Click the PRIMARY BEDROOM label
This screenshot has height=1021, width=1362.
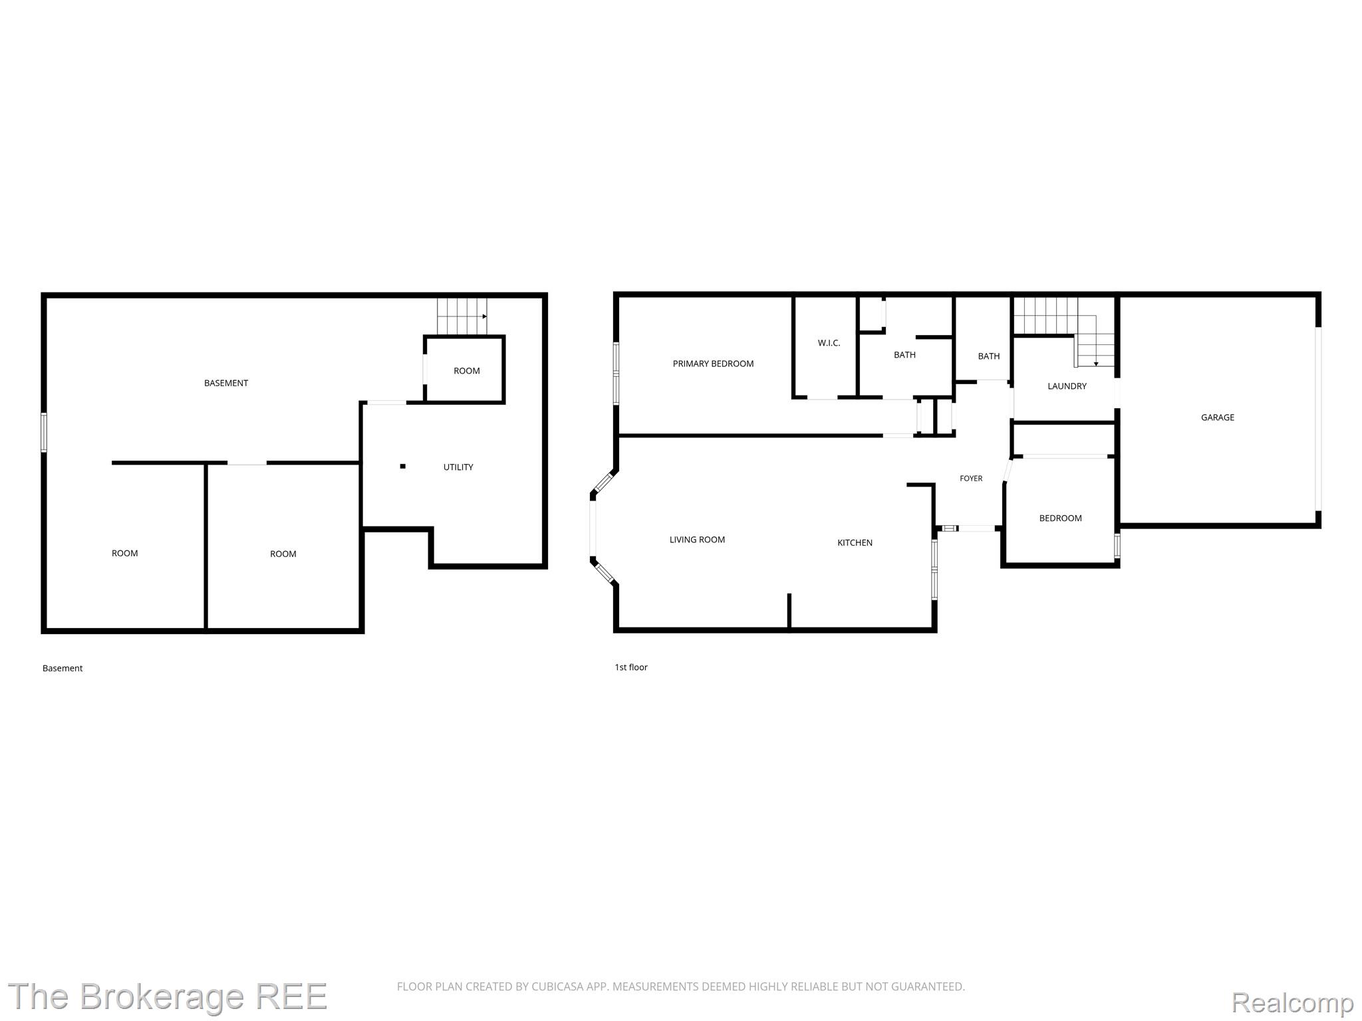pos(713,364)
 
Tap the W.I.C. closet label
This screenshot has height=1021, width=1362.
pos(829,343)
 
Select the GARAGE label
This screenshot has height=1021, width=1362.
pos(1218,417)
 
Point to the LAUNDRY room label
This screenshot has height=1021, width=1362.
pos(1067,386)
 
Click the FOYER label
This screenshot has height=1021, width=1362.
pos(971,479)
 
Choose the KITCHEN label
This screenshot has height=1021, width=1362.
pos(855,543)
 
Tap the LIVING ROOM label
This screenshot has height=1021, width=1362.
pos(697,540)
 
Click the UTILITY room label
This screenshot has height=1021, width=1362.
pos(458,467)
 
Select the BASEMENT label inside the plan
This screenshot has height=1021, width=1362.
pos(226,383)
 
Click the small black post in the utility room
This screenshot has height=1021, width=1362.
pos(402,467)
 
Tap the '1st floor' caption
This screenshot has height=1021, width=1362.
pos(631,667)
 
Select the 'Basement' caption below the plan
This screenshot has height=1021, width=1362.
pos(63,668)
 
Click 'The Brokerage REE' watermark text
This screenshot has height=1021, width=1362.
pos(168,997)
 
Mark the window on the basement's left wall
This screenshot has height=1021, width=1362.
pos(44,433)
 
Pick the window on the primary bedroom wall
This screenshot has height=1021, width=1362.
pos(616,374)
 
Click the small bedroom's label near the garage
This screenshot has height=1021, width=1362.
pos(1060,518)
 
